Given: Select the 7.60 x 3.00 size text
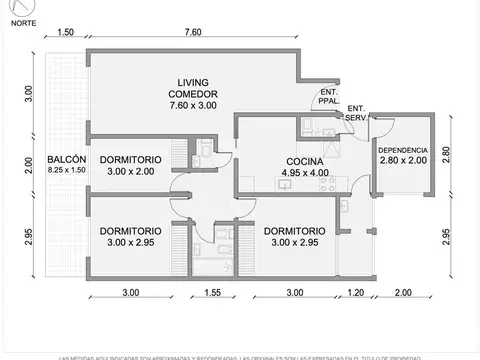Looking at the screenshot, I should pos(191,105).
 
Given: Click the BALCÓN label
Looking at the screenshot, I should pos(65,160).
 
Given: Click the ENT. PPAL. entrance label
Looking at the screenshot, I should pos(326,96).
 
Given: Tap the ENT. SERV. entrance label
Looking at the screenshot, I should pos(357,113).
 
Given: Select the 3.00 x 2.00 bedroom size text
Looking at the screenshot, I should pos(132,171).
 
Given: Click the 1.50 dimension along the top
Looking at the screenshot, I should pos(66,32).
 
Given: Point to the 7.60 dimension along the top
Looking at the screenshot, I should pos(195,32).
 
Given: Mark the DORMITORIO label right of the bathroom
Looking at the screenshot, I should pos(297,229).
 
